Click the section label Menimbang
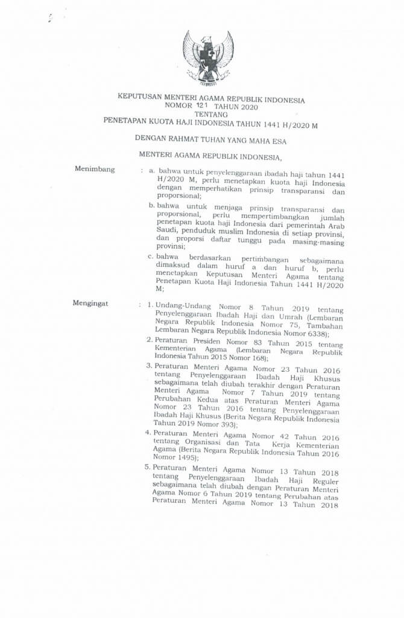pos(95,169)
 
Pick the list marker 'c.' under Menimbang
pos(152,256)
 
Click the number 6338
pos(312,333)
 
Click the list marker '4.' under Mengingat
pos(148,433)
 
